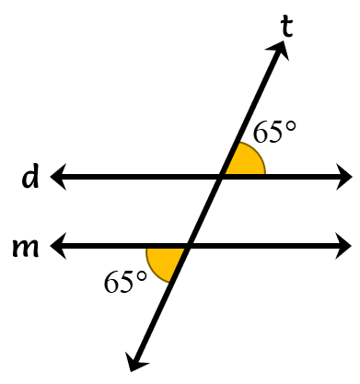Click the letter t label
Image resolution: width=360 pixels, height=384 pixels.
[286, 27]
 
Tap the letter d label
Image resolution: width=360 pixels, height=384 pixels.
[30, 177]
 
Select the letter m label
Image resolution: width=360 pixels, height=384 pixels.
[26, 247]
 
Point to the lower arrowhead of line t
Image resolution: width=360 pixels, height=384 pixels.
[135, 362]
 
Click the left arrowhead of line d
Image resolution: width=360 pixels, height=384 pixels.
[58, 177]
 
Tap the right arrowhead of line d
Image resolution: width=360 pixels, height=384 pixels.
[344, 177]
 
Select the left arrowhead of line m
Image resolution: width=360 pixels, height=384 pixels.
[58, 246]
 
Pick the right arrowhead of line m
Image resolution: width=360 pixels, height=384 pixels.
[343, 246]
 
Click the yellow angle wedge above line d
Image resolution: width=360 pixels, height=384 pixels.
[247, 162]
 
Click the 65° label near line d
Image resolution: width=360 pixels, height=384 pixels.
[274, 132]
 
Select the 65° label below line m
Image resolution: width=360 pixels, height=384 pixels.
[125, 282]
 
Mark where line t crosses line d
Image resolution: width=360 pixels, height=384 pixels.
[221, 177]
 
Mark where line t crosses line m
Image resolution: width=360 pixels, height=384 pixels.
[187, 246]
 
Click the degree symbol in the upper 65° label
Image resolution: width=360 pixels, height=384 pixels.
[290, 126]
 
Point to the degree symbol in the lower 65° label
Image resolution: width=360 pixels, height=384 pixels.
[141, 276]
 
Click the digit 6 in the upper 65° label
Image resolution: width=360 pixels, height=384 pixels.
[261, 132]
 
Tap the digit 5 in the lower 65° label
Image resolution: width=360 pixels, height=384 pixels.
[126, 282]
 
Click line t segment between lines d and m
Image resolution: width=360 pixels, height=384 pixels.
[204, 212]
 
